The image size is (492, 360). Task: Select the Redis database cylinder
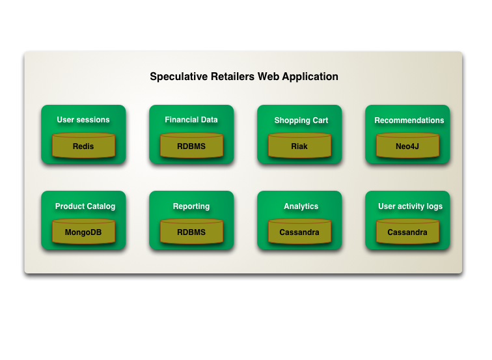(x=83, y=146)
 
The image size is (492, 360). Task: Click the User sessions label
(x=83, y=120)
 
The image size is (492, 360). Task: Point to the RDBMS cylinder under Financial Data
(x=191, y=146)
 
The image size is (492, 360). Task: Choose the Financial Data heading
(x=191, y=120)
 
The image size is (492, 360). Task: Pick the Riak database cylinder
(x=299, y=146)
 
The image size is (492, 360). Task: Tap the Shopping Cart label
(x=301, y=120)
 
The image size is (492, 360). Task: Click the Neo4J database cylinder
(x=407, y=146)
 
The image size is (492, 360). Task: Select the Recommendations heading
(x=409, y=120)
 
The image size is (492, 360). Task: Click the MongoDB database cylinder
(x=83, y=232)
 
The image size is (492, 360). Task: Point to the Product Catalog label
(x=85, y=206)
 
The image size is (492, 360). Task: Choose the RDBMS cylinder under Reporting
(x=191, y=232)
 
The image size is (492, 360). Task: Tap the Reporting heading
(x=191, y=206)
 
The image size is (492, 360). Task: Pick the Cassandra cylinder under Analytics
(x=299, y=232)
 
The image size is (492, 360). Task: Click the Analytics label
(x=301, y=206)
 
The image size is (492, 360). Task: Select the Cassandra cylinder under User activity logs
(x=407, y=232)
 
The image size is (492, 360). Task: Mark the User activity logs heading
(x=410, y=206)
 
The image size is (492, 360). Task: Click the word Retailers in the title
(x=233, y=77)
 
